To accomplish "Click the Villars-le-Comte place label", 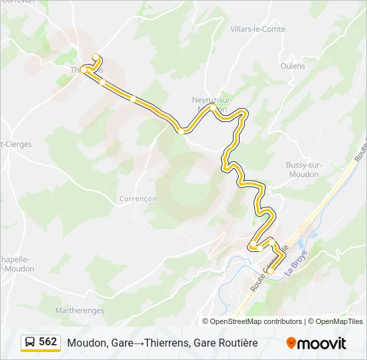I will [257, 29].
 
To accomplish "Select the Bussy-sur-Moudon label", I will [302, 169].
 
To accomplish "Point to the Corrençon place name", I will [137, 199].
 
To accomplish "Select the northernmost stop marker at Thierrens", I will [95, 57].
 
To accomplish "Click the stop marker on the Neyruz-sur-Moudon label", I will [212, 107].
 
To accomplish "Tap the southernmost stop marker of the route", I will [271, 271].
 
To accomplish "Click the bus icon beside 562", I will [30, 342].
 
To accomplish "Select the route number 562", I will [48, 342].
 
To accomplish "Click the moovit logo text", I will [322, 343].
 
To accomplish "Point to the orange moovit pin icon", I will [291, 343].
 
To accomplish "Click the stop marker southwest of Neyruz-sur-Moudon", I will [181, 131].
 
